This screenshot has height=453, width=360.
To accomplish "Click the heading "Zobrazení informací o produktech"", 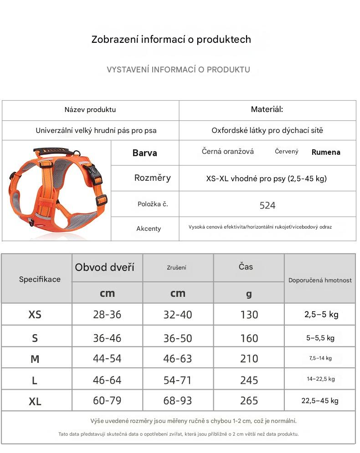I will (171, 40).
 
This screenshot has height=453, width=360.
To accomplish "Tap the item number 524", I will (267, 205).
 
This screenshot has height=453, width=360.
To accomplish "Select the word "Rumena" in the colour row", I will (326, 152).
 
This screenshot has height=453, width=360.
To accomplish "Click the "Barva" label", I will (145, 153).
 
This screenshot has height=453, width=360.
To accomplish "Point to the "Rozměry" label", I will (152, 178).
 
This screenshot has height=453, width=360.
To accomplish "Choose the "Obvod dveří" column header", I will (105, 267).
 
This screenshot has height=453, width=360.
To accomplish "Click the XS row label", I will (35, 315).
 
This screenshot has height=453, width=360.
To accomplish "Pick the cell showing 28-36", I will (107, 315).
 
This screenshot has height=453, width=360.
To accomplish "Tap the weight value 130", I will (249, 315).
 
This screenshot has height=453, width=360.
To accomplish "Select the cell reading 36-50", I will (178, 338).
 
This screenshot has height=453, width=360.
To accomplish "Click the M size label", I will (35, 359).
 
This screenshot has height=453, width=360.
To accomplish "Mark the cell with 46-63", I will (178, 359).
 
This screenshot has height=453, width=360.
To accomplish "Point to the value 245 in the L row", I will (249, 380).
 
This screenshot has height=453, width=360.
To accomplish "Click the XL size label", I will (35, 401).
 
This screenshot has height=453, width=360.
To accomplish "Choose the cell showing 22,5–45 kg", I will (320, 401).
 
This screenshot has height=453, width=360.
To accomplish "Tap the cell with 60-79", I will (107, 401).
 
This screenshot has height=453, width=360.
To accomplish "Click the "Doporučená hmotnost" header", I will (320, 280).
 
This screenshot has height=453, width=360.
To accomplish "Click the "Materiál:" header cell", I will (267, 109).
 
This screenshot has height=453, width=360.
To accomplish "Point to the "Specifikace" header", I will (40, 279).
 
